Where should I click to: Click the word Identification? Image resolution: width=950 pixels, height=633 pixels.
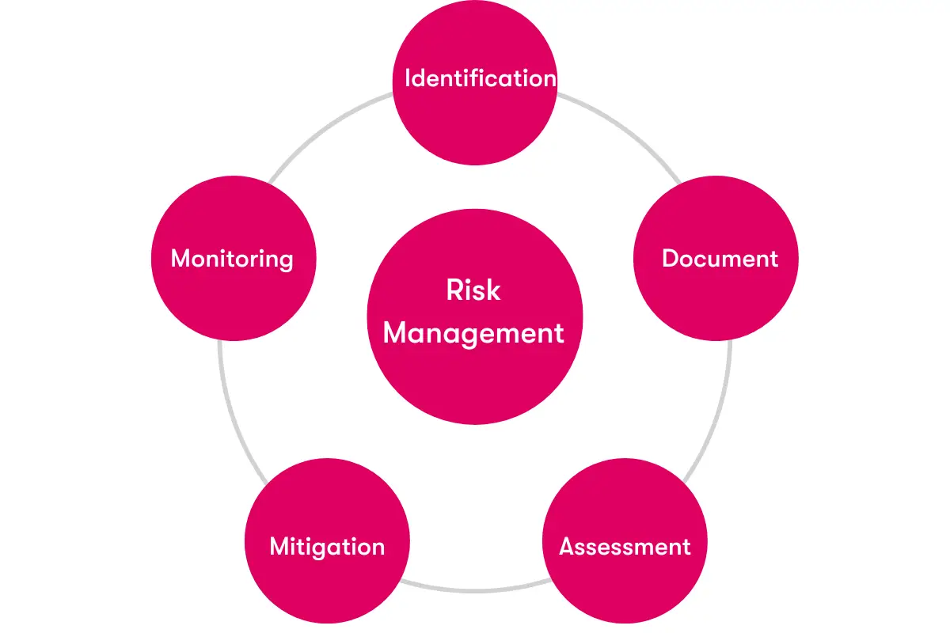[481, 78]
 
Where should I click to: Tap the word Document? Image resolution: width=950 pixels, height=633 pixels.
[720, 258]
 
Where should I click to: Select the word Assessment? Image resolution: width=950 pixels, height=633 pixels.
[625, 546]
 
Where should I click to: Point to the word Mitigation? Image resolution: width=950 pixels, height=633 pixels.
[327, 547]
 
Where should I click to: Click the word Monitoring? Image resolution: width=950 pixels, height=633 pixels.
[232, 259]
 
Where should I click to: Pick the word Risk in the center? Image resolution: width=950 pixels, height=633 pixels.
[473, 290]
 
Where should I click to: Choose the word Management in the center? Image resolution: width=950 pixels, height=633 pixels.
[473, 334]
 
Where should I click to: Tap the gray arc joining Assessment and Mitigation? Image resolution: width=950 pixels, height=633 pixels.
[475, 590]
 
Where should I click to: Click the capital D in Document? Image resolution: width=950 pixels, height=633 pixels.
[671, 258]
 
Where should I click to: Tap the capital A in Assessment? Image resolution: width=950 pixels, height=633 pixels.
[568, 546]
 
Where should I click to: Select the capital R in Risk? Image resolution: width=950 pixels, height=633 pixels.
[455, 290]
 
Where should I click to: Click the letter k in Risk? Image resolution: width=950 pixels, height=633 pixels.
[494, 290]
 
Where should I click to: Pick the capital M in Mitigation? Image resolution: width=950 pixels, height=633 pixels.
[281, 546]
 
